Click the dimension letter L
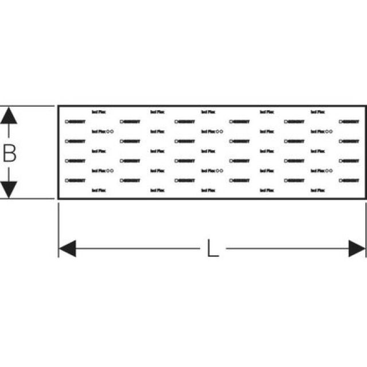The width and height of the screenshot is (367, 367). click(x=213, y=249)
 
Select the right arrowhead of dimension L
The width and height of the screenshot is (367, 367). click(x=357, y=249)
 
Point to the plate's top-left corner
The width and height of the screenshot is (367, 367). click(x=58, y=106)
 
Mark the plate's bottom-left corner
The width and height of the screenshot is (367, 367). click(x=58, y=198)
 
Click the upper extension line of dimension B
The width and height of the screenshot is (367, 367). click(x=29, y=106)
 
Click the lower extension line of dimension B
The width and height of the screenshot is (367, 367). click(x=29, y=199)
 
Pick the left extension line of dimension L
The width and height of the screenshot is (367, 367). click(x=58, y=229)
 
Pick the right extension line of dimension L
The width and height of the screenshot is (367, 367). click(x=365, y=229)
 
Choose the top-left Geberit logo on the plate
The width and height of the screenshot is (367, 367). click(x=76, y=122)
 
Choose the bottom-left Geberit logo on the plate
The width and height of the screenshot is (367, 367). click(x=76, y=180)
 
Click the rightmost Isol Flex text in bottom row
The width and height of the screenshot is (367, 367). click(x=318, y=190)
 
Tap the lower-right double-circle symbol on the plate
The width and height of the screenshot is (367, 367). click(x=329, y=170)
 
